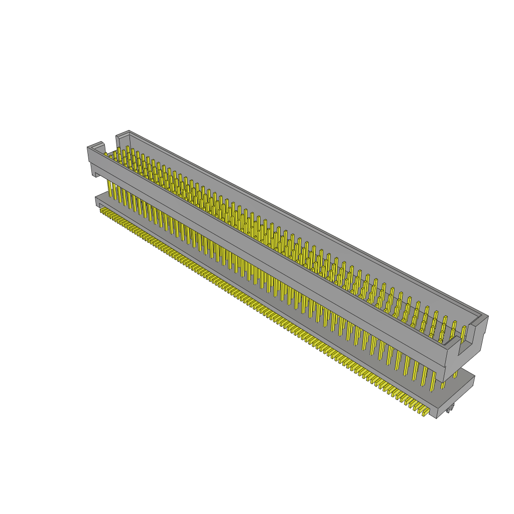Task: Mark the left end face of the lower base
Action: tap(97, 201)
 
